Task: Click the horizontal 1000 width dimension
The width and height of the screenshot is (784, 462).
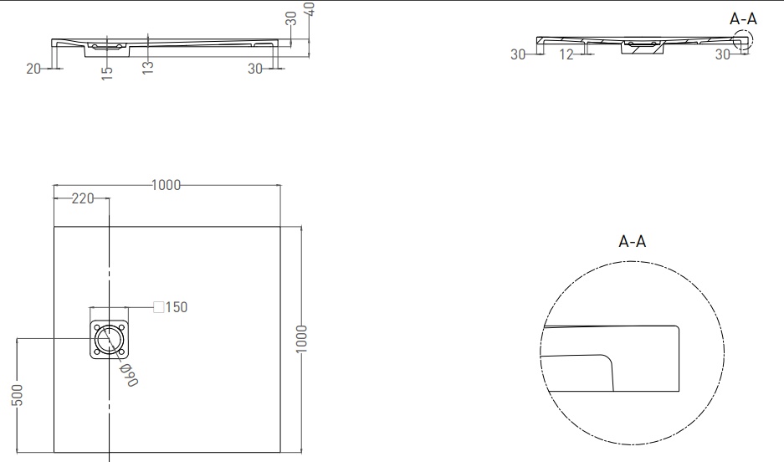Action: tap(166, 185)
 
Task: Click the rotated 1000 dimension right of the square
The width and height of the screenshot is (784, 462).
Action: tap(301, 339)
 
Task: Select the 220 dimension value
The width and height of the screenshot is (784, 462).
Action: tap(83, 198)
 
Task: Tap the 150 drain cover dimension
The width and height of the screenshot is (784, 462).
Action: tap(177, 307)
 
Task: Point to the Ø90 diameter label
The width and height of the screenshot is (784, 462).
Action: tap(129, 375)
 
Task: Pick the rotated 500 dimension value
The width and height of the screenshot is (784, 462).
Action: tap(17, 395)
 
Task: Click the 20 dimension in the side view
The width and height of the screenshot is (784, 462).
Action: tap(33, 69)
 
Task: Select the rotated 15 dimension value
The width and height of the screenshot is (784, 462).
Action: tap(106, 73)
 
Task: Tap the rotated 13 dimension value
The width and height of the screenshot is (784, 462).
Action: tap(147, 68)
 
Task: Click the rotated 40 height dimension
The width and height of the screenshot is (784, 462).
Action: tap(309, 9)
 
